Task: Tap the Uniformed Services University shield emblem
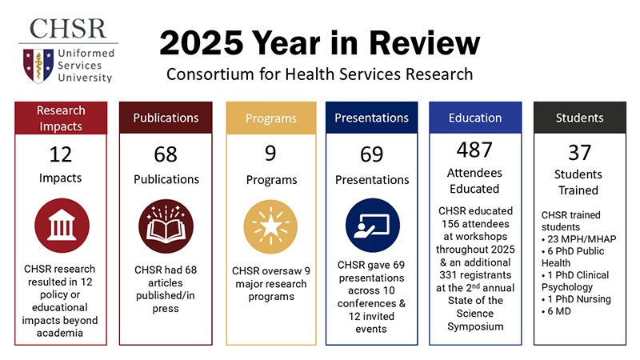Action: point(34,66)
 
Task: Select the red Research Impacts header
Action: point(61,118)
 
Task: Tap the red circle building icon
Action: point(61,226)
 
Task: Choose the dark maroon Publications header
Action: point(166,118)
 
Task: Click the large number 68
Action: point(166,154)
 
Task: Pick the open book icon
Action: point(166,226)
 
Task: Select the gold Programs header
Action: point(271,118)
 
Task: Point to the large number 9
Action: point(271,152)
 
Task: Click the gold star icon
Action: point(271,226)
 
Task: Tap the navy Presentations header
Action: point(372,118)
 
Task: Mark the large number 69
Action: point(372,154)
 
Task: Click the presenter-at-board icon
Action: point(372,226)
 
